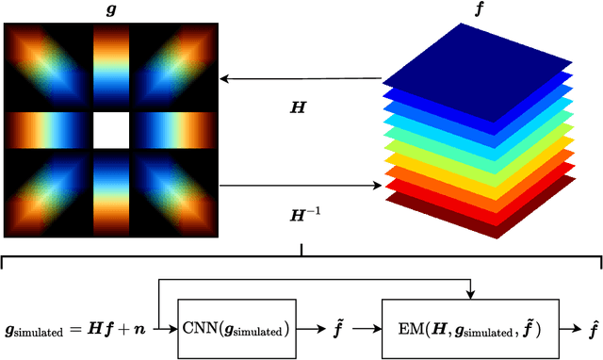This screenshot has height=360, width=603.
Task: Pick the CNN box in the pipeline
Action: (x=249, y=327)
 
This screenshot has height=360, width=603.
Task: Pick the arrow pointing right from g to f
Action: (x=301, y=186)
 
